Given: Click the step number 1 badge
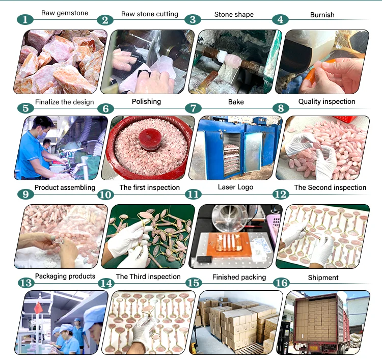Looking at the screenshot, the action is click(25, 20).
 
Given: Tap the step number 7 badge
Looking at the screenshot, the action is click(193, 108).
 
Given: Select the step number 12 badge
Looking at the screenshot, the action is click(281, 195).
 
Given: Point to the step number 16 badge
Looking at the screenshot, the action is click(281, 283).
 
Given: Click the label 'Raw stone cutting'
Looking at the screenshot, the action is click(150, 14).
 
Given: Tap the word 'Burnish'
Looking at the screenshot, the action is click(322, 15).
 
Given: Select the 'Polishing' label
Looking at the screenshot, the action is click(146, 101).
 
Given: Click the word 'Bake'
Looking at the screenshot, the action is click(236, 102).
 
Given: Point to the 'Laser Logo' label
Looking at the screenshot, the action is click(236, 187).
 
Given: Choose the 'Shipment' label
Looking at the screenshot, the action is click(323, 278).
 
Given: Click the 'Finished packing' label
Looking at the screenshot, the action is click(239, 277).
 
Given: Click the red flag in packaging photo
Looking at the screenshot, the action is click(38, 308).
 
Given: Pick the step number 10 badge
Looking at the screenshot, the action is click(105, 195).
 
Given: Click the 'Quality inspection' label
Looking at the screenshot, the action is click(326, 101).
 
